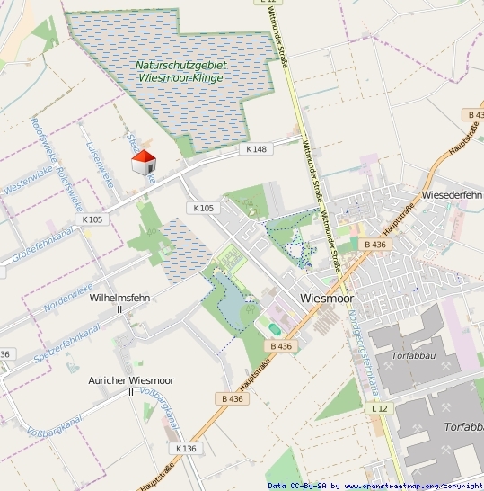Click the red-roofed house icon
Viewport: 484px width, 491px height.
point(144,163)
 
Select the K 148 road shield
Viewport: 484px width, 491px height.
point(255,148)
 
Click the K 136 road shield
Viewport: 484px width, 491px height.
point(186,448)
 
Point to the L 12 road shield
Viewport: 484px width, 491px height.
point(378,407)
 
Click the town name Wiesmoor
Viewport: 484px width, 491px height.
point(327,298)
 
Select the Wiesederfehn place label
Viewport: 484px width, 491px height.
point(452,194)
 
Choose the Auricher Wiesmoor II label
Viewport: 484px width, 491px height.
point(131,386)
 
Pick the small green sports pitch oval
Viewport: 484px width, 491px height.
point(274,328)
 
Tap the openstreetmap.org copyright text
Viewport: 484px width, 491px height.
point(374,486)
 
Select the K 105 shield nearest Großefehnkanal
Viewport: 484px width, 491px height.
point(92,219)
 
